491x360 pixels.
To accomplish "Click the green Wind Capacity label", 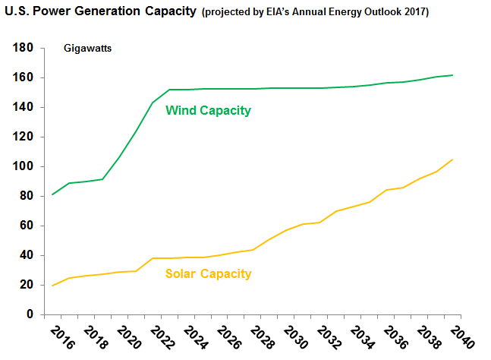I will tap(208, 111).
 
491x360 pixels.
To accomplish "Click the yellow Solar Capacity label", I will tap(208, 273).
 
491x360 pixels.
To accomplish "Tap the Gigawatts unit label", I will tap(87, 49).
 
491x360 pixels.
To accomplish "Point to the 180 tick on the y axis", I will tap(24, 48).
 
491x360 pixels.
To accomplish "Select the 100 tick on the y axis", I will tap(24, 166).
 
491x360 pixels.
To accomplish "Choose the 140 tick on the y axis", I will tap(24, 107).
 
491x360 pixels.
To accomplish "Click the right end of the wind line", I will tap(453, 75).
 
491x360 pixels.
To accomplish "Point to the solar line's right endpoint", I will tap(453, 159).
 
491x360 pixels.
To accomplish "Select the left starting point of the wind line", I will tap(52, 195).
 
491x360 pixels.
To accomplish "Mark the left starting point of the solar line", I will tap(52, 286).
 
